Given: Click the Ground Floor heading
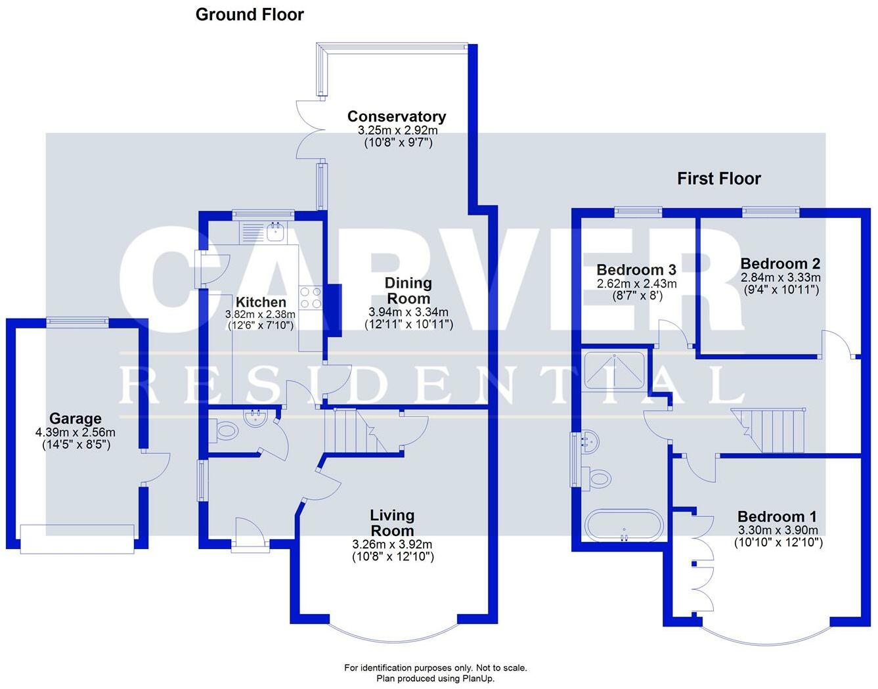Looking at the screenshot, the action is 250,14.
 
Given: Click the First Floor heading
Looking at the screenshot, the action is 718,179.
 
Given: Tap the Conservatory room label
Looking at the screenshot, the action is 397,117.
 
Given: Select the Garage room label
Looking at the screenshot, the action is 76,418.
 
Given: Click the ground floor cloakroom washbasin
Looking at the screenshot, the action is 254,418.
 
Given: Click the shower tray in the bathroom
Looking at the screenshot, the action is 614,372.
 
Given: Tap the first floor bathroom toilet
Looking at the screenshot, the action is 599,479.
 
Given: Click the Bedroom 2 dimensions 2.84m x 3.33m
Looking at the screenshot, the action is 780,278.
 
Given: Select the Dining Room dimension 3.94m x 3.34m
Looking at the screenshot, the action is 408,312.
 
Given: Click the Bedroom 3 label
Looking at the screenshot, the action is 636,270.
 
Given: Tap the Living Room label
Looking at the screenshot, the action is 392,523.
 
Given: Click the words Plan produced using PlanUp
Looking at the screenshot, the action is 435,678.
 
